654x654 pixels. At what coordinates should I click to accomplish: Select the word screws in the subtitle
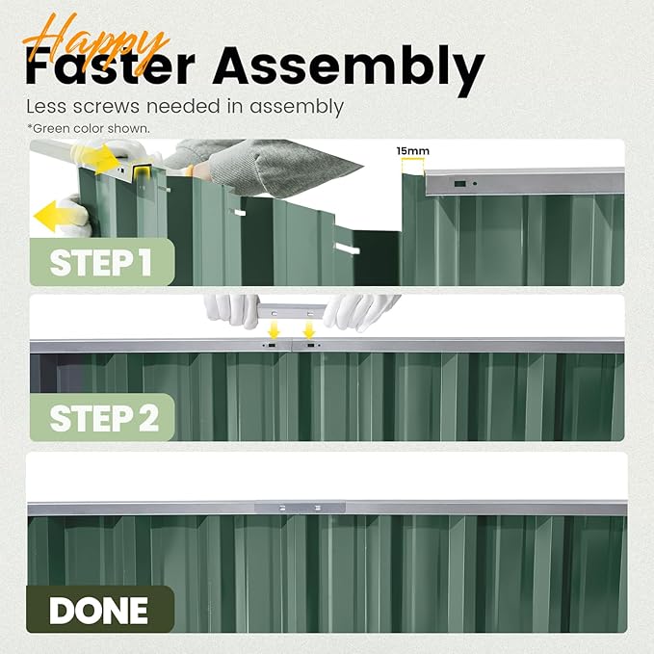[106, 107]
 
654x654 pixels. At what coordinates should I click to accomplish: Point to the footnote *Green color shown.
[89, 128]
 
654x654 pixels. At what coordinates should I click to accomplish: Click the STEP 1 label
[100, 263]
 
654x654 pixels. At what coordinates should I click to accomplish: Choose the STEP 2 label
[104, 418]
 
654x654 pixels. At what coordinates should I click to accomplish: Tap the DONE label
[98, 611]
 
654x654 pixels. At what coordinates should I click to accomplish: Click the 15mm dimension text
[413, 151]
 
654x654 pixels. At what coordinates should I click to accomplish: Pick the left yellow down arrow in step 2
[274, 331]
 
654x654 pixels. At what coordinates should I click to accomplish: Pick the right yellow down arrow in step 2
[309, 330]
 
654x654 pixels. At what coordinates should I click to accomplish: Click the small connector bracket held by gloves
[291, 311]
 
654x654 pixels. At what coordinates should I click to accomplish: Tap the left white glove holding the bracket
[232, 309]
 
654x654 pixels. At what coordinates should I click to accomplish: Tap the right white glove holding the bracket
[358, 310]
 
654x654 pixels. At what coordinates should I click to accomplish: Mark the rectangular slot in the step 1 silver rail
[459, 184]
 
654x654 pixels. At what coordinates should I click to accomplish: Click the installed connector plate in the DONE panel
[300, 508]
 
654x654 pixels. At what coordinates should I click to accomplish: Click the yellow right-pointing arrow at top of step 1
[101, 159]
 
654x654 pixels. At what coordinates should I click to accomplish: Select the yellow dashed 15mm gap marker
[413, 166]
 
